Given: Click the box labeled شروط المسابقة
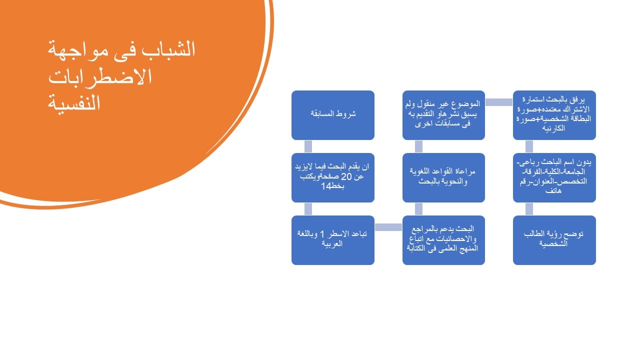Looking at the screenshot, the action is point(333,115).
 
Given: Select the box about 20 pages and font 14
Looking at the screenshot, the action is point(333,177).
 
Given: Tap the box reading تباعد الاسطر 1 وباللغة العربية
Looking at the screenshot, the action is point(333,240).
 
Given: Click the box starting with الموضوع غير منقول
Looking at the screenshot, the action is point(443,115).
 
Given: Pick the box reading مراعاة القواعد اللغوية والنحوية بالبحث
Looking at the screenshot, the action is point(443,177).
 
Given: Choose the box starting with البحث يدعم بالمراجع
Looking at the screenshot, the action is point(443,240).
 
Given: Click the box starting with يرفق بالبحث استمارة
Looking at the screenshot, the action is point(554,115).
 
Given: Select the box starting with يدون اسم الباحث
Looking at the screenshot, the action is point(554,177).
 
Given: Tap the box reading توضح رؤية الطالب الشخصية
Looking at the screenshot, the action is point(554,240).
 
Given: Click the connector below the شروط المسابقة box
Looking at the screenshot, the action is point(308,146).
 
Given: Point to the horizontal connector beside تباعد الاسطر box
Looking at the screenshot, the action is point(388,227).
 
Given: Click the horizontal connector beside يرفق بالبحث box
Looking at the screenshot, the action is point(499,102).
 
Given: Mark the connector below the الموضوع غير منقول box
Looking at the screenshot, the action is point(418,146).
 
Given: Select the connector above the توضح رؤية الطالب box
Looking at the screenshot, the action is point(529,209).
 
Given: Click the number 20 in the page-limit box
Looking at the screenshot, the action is point(346,177).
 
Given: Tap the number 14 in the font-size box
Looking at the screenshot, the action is point(326,186).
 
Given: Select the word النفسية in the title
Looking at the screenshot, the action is point(74,103).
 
